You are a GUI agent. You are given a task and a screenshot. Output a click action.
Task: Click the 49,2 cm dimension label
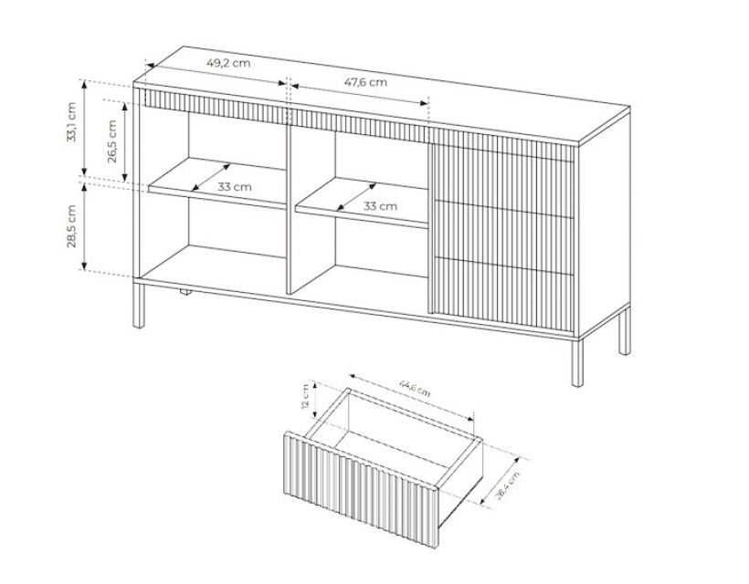click(x=228, y=62)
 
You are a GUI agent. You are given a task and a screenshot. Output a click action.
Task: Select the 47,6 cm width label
click(x=365, y=82)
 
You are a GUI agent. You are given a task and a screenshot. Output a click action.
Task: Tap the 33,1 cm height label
click(x=71, y=122)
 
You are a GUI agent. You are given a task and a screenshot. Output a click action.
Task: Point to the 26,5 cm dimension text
click(x=112, y=141)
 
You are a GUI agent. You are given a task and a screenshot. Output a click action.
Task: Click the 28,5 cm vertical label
click(x=71, y=226)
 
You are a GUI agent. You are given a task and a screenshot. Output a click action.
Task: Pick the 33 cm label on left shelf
click(x=235, y=186)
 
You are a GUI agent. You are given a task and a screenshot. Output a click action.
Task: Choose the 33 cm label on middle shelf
click(x=380, y=206)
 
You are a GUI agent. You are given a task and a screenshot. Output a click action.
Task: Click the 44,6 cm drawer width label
click(x=415, y=388)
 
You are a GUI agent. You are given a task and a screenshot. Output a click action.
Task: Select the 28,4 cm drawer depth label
click(x=507, y=485)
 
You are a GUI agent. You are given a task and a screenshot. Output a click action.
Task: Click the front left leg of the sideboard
click(x=139, y=306)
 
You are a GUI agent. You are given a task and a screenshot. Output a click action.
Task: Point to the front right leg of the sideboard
click(x=577, y=362)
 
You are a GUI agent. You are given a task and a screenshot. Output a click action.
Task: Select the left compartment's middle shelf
click(x=217, y=183)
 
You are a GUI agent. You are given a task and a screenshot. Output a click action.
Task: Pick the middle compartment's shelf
click(x=362, y=203)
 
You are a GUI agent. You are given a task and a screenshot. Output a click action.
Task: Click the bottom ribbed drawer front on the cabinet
click(x=502, y=295)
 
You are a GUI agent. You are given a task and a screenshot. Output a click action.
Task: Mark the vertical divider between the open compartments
click(x=288, y=208)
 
